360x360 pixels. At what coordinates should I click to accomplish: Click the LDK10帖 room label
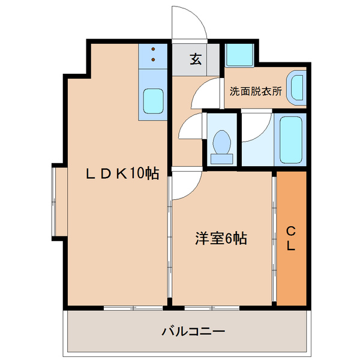point(121,174)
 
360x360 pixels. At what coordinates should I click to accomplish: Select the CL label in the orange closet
point(290,238)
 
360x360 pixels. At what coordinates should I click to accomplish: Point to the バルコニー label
point(193,331)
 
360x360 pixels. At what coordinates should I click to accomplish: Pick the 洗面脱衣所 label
point(256,92)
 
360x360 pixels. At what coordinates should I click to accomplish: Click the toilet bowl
point(222,144)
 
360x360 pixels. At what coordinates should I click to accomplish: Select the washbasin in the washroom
point(296,88)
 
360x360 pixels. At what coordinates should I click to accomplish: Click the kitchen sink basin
point(154,101)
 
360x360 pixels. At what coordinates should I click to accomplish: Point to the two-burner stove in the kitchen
point(153,55)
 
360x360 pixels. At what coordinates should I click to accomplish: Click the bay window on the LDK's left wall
point(57,201)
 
